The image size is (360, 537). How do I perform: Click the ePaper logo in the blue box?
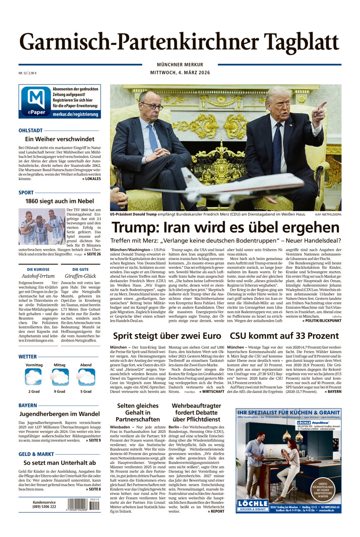click(x=36, y=102)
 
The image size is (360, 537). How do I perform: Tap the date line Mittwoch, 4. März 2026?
click(x=180, y=73)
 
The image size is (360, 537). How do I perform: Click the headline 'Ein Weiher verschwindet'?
click(x=60, y=139)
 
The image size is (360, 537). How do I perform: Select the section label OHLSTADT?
click(x=31, y=131)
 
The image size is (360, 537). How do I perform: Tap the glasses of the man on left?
click(x=152, y=106)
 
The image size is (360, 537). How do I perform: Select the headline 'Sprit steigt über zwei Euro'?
click(x=167, y=336)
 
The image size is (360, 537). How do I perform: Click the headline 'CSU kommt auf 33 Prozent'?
click(x=284, y=336)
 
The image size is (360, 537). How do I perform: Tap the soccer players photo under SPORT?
click(x=42, y=226)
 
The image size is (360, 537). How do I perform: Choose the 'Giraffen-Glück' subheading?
click(x=80, y=276)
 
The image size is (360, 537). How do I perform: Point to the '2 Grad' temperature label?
click(x=34, y=391)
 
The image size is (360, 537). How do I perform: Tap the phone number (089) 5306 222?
click(x=44, y=507)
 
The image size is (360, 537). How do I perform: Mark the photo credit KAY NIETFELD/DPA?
click(x=328, y=215)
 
